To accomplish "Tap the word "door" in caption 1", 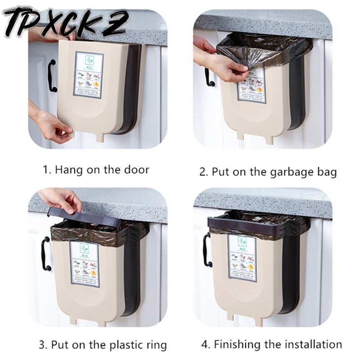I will (137, 170).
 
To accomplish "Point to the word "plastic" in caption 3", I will (116, 346).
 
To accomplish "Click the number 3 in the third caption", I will (42, 346).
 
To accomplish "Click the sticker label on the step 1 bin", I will (89, 74).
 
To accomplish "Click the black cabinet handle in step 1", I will (52, 75).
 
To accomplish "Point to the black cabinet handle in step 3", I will (45, 254).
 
